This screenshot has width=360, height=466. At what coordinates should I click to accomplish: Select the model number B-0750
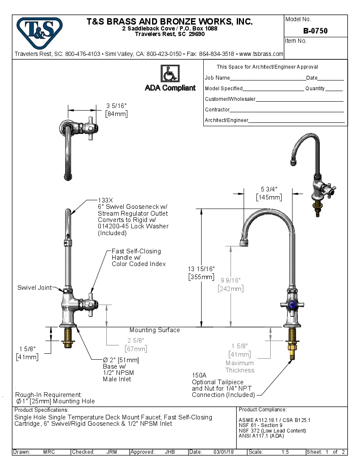(315, 31)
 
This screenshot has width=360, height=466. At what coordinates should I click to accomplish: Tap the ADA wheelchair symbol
(170, 74)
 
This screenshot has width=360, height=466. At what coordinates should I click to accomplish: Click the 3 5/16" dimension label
(116, 106)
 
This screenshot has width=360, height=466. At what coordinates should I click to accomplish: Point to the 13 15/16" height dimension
(201, 269)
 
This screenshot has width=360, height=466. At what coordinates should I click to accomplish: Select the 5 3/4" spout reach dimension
(269, 190)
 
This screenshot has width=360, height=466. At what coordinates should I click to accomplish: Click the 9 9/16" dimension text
(230, 280)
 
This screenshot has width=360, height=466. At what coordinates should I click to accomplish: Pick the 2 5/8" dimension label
(136, 341)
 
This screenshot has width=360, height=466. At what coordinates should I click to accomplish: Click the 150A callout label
(199, 375)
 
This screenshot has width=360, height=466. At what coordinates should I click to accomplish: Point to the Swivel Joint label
(34, 288)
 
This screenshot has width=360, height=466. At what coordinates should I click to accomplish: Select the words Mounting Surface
(155, 330)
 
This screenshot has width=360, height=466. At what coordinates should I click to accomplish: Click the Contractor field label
(217, 110)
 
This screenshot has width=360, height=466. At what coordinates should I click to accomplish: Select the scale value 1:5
(285, 452)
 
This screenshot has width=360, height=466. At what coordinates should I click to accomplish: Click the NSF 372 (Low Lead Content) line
(272, 431)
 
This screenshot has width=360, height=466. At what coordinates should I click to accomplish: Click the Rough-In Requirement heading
(48, 394)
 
